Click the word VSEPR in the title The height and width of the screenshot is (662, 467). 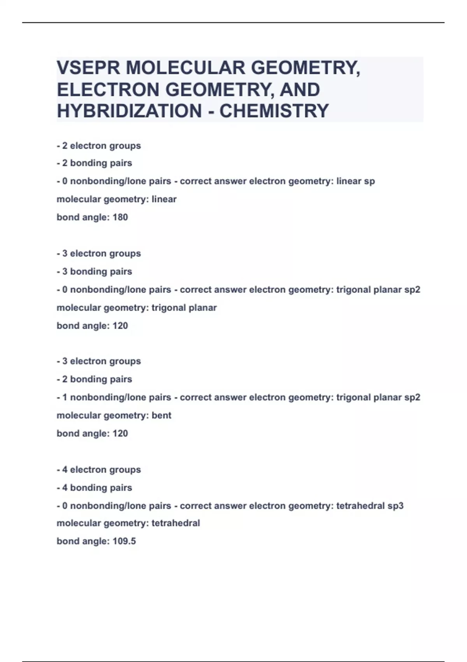[88, 68]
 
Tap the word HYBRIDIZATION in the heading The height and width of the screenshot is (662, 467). [129, 111]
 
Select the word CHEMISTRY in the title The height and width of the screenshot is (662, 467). [274, 111]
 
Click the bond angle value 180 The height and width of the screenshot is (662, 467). [120, 217]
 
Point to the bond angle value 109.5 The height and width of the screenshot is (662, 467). [124, 541]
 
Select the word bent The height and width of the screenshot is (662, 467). [162, 416]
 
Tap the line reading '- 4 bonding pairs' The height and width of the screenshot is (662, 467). [95, 488]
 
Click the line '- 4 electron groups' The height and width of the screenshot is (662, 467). [99, 470]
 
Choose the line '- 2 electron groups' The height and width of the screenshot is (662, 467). [99, 146]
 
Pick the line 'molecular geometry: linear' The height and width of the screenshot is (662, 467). [117, 199]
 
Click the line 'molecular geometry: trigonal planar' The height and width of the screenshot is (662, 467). [137, 308]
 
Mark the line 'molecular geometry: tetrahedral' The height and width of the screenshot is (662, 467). [128, 523]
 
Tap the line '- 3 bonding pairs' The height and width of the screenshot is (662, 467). [95, 271]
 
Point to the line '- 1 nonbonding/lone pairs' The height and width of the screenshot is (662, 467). [114, 398]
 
